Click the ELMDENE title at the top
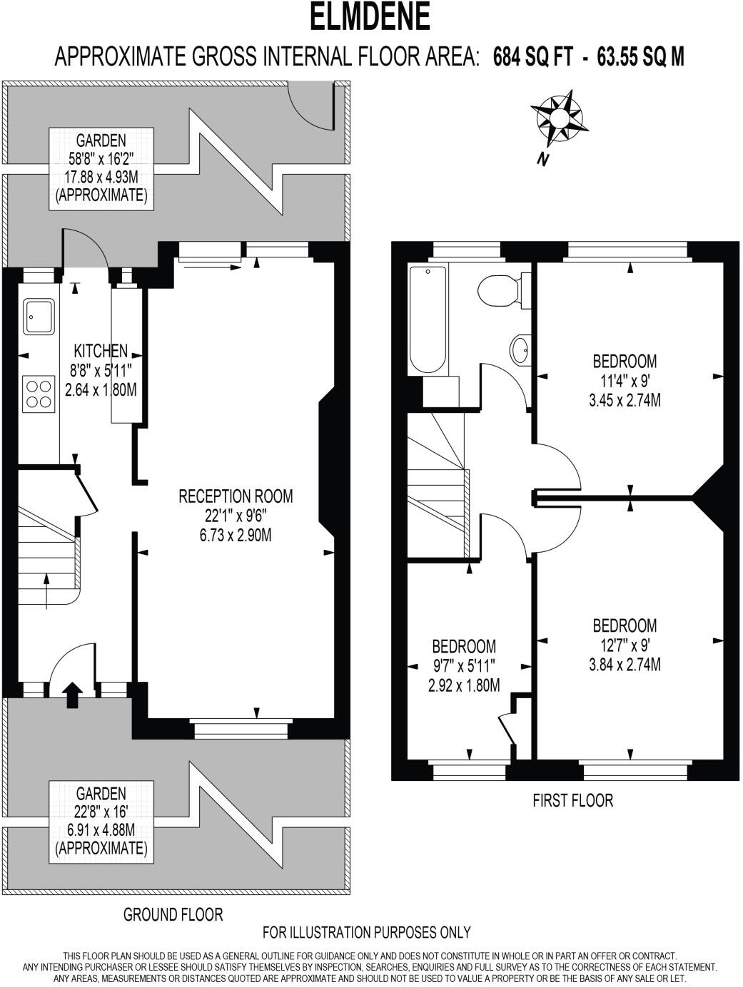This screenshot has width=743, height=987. pyautogui.click(x=370, y=17)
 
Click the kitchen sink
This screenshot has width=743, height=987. pyautogui.click(x=39, y=317)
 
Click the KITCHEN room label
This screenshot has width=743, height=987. pyautogui.click(x=101, y=350)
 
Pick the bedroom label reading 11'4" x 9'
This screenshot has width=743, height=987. pyautogui.click(x=625, y=380)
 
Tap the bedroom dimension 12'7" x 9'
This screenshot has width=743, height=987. pyautogui.click(x=625, y=645)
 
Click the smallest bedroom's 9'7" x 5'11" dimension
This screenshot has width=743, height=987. pyautogui.click(x=464, y=665)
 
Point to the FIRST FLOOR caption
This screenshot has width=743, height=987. pyautogui.click(x=572, y=800)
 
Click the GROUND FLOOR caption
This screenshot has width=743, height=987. pyautogui.click(x=173, y=914)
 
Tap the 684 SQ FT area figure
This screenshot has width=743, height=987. pyautogui.click(x=532, y=57)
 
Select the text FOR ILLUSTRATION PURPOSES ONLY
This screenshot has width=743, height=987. pyautogui.click(x=367, y=931)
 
